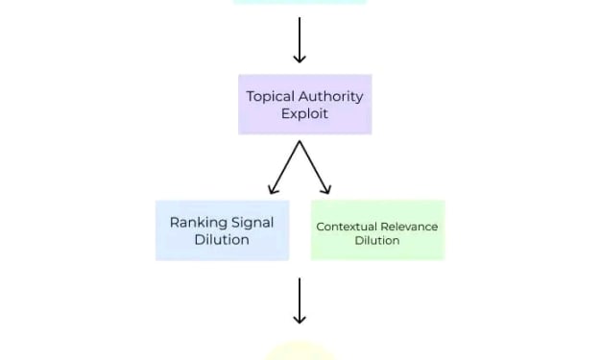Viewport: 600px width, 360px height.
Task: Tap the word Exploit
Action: click(x=304, y=114)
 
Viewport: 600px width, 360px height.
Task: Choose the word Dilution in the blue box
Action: click(x=222, y=240)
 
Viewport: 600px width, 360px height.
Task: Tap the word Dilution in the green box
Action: click(x=377, y=241)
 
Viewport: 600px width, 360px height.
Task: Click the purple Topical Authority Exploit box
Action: click(x=305, y=105)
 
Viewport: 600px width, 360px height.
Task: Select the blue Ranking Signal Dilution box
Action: click(x=223, y=230)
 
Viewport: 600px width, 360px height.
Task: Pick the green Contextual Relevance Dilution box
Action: click(x=377, y=230)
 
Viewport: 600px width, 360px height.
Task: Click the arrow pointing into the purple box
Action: click(x=300, y=39)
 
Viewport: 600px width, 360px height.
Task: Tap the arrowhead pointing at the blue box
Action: click(x=273, y=189)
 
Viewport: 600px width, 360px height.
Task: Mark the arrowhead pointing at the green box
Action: click(x=326, y=189)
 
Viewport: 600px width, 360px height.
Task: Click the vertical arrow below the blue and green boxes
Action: click(x=300, y=300)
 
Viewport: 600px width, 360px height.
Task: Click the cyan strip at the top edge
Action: click(x=300, y=2)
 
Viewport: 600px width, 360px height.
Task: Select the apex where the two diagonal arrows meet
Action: click(x=300, y=141)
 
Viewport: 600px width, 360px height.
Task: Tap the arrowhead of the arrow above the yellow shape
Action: click(x=300, y=320)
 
